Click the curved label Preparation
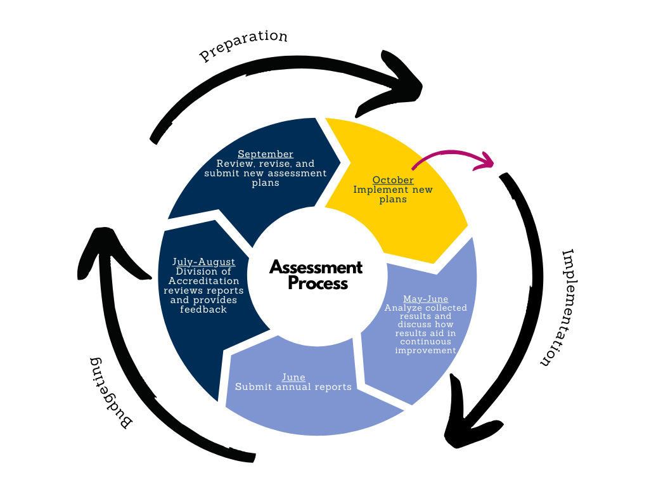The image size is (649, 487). pyautogui.click(x=243, y=46)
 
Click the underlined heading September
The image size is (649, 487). pyautogui.click(x=266, y=154)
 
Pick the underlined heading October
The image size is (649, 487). pyautogui.click(x=393, y=180)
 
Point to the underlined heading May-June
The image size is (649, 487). pyautogui.click(x=425, y=299)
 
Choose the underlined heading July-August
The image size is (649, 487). pyautogui.click(x=203, y=261)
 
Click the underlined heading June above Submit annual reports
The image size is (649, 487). pyautogui.click(x=293, y=377)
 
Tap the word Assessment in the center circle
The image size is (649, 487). pyautogui.click(x=316, y=267)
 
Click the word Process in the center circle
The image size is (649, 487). pyautogui.click(x=318, y=283)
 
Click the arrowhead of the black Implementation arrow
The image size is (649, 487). pyautogui.click(x=466, y=419)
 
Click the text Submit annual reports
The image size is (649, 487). pyautogui.click(x=293, y=387)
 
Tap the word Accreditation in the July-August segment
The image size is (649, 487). pyautogui.click(x=203, y=281)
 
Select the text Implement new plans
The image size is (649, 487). pyautogui.click(x=393, y=194)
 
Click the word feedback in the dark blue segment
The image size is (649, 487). pyautogui.click(x=203, y=309)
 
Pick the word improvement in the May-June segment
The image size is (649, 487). pyautogui.click(x=425, y=350)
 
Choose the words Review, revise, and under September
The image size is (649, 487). pyautogui.click(x=266, y=164)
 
